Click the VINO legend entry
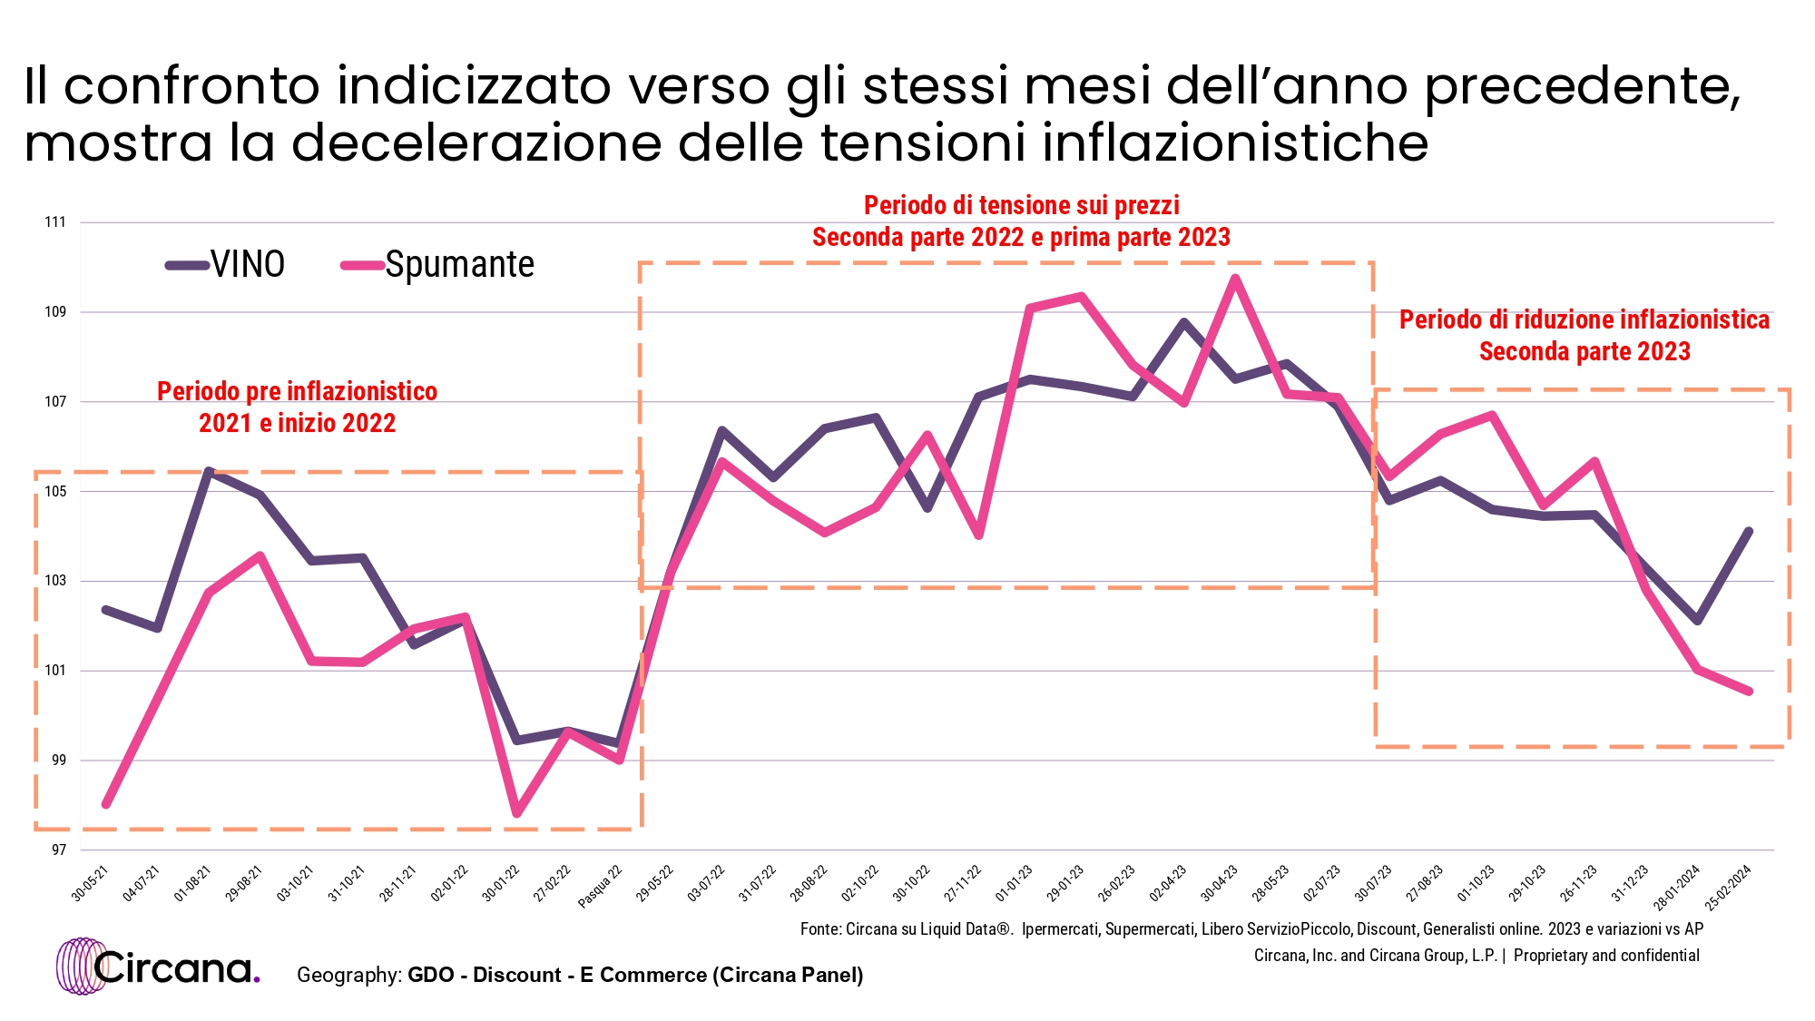[x=227, y=265]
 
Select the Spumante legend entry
[x=439, y=265]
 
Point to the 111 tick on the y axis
[x=55, y=222]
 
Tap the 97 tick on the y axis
[x=58, y=850]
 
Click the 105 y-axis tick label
[x=55, y=492]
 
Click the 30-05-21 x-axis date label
[x=91, y=884]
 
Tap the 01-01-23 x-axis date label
[x=1015, y=884]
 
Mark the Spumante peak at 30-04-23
[x=1235, y=279]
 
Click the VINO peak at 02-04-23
[x=1184, y=322]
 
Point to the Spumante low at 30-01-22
[x=516, y=813]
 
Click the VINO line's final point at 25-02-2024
[x=1749, y=532]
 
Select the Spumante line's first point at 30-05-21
[x=106, y=804]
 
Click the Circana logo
[x=159, y=967]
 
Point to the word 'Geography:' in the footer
[x=348, y=975]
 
